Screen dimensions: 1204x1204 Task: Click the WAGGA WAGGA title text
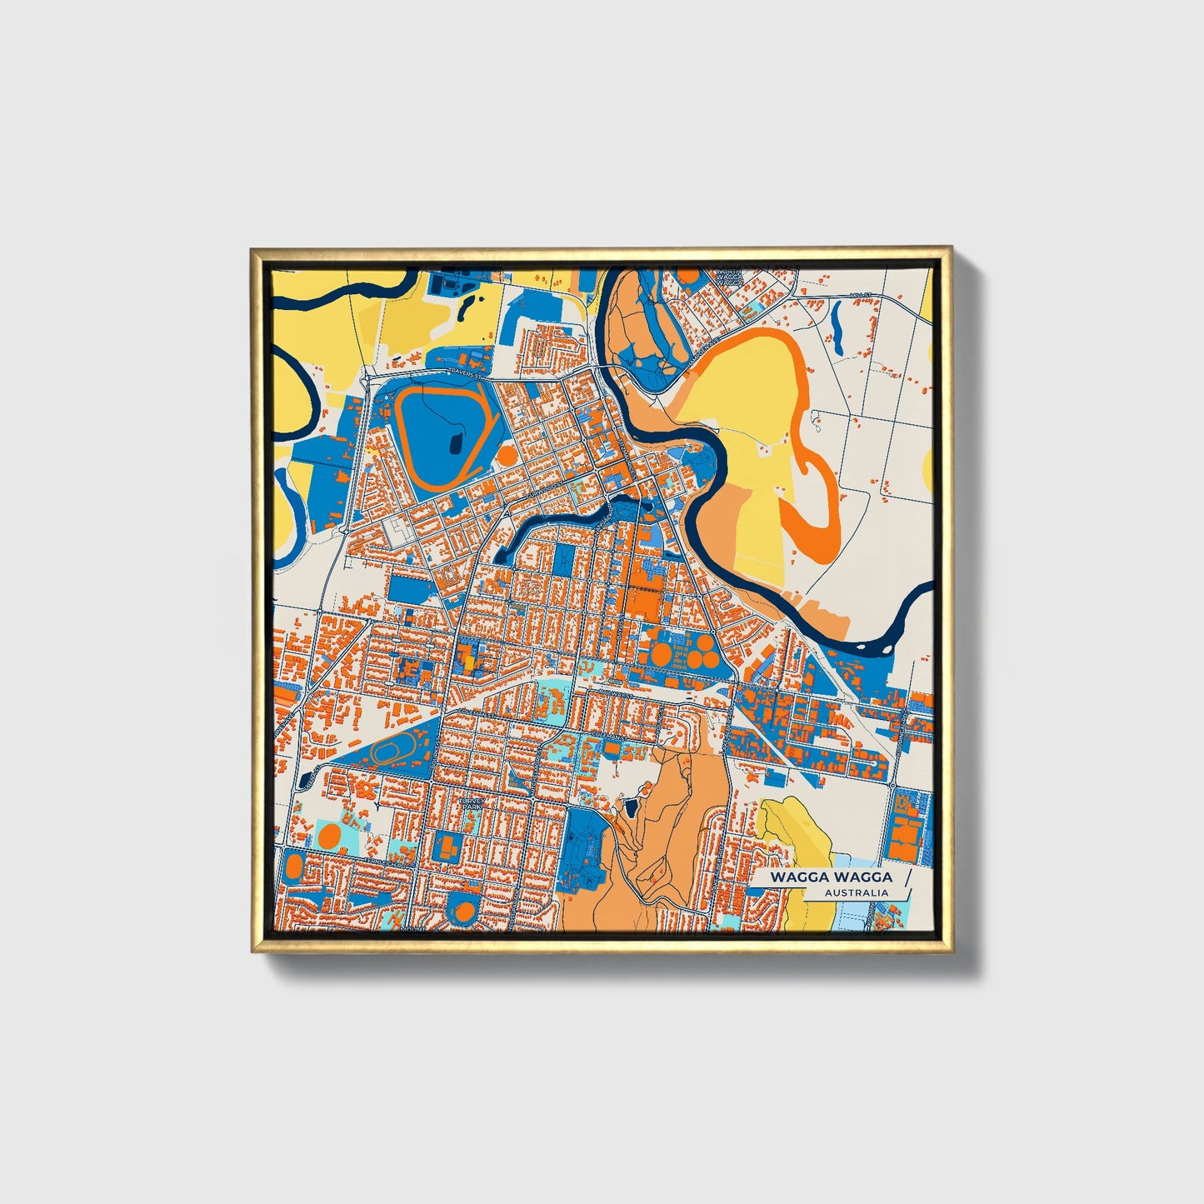831,877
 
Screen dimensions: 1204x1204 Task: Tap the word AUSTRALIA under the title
856,893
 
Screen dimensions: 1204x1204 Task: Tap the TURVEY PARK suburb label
471,804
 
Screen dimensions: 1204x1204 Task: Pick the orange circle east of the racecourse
506,455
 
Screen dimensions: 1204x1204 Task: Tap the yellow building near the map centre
469,662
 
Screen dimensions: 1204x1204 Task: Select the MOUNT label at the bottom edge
413,927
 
